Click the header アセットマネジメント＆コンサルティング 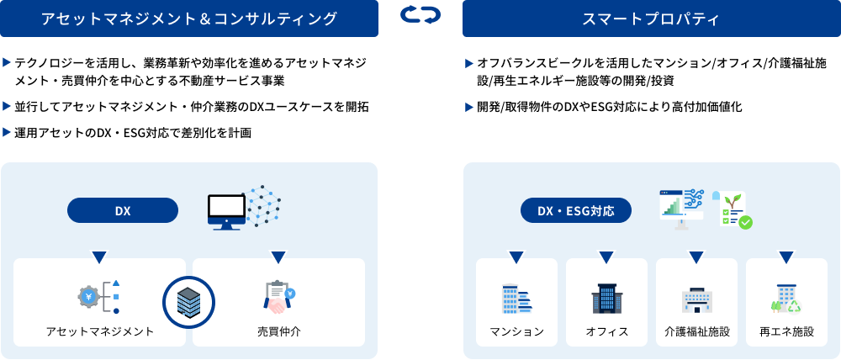(188, 19)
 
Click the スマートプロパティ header (651, 19)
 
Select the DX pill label (123, 210)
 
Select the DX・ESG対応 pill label (577, 210)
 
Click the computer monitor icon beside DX (225, 211)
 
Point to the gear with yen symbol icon (89, 296)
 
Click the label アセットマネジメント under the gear (100, 331)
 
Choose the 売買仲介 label (279, 331)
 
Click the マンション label (516, 331)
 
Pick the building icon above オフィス (606, 299)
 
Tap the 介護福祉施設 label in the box (696, 331)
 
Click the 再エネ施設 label (786, 331)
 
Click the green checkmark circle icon (744, 223)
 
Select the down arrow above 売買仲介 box (279, 257)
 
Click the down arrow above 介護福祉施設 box (696, 257)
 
